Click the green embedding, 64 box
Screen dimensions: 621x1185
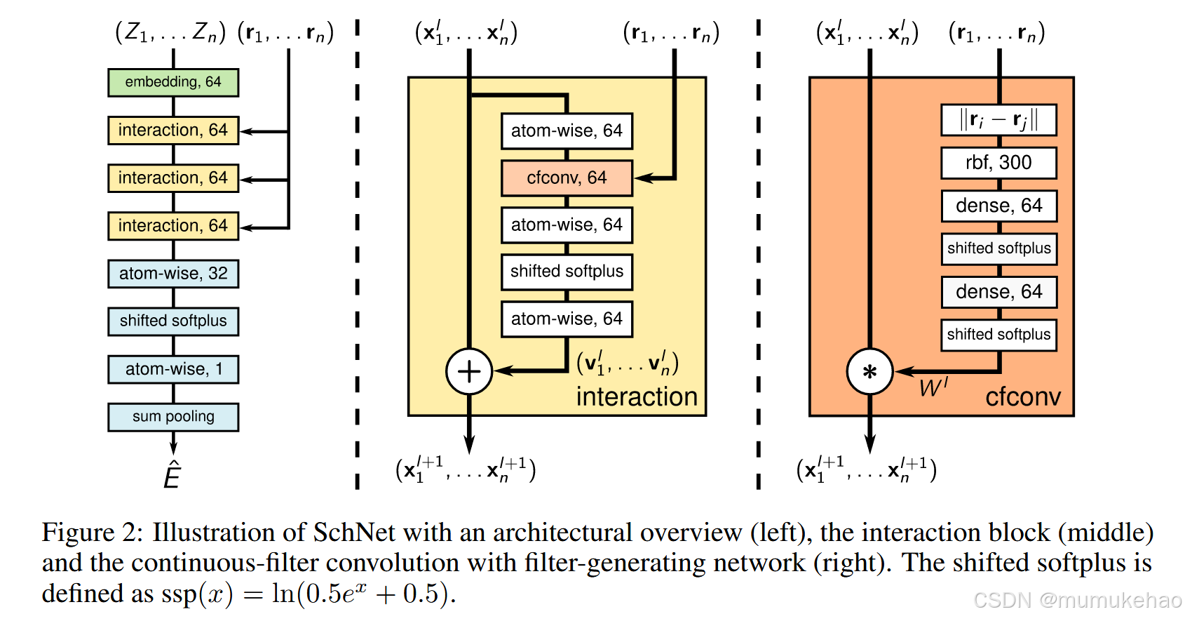173,82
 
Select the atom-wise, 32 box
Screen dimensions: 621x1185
173,274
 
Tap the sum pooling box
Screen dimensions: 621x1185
173,417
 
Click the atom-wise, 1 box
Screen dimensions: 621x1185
173,369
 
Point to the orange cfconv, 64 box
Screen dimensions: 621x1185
567,178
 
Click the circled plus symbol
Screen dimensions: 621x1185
469,371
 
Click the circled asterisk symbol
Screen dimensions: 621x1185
869,372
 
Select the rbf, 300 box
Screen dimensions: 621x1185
998,163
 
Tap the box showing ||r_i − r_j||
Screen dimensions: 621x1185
998,120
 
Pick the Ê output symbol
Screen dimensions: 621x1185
172,476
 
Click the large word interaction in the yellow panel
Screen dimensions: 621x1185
637,397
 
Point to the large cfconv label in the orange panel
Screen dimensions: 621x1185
1023,397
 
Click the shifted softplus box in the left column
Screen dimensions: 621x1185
173,321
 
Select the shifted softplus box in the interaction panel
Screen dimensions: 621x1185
567,272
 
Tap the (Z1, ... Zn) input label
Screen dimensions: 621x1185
170,32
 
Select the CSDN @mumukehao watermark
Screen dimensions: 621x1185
1077,600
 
